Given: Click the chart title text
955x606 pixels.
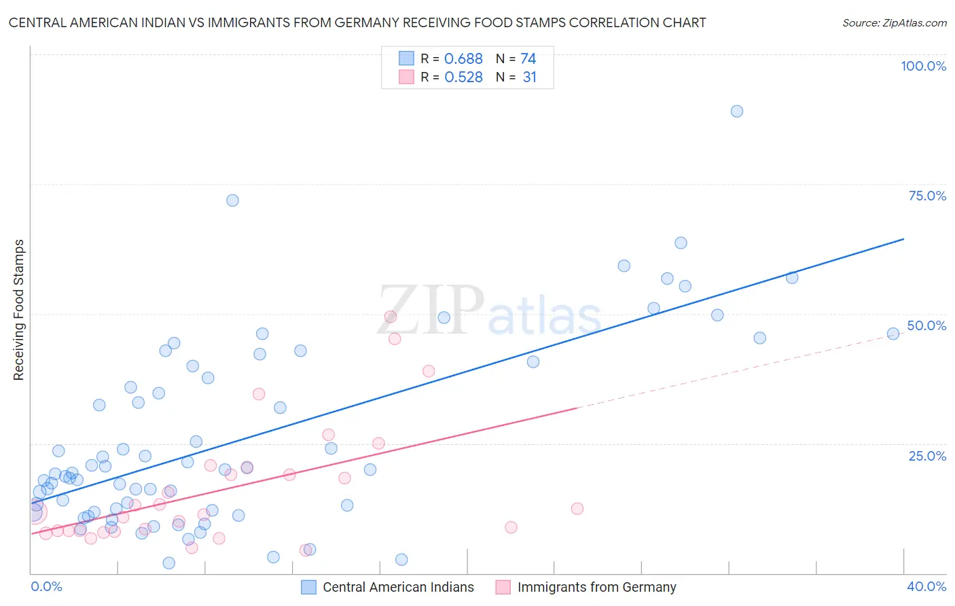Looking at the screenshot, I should click(x=357, y=22).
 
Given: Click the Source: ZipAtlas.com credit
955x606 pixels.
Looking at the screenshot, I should click(x=894, y=22).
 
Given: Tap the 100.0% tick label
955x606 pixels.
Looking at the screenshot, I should click(x=923, y=66).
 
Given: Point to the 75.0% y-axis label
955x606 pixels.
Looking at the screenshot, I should click(x=927, y=196).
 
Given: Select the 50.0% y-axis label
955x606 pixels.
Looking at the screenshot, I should click(x=926, y=325).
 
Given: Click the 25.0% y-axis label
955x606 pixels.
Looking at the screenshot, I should click(x=927, y=455).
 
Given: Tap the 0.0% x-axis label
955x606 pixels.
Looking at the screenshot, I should click(x=46, y=586).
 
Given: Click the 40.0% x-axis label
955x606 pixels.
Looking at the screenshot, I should click(x=926, y=586).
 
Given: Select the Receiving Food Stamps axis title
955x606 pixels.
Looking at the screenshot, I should click(x=19, y=310).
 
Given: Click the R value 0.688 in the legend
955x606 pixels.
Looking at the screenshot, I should click(x=463, y=58).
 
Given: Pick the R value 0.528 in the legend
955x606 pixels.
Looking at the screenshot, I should click(x=463, y=77).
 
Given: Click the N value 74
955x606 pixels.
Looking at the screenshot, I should click(x=528, y=58).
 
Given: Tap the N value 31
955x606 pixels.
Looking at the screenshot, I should click(x=530, y=77).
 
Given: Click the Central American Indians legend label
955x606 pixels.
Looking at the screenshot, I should click(x=398, y=587).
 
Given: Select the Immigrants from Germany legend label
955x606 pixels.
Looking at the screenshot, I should click(x=596, y=587).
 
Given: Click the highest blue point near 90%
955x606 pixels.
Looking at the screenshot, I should click(x=737, y=111).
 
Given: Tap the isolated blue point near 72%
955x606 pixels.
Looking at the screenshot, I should click(x=232, y=200).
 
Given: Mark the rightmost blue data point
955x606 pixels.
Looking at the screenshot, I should click(x=893, y=334).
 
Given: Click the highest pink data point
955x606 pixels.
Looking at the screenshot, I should click(x=391, y=317).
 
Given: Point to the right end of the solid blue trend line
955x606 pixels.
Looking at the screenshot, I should click(x=903, y=239).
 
